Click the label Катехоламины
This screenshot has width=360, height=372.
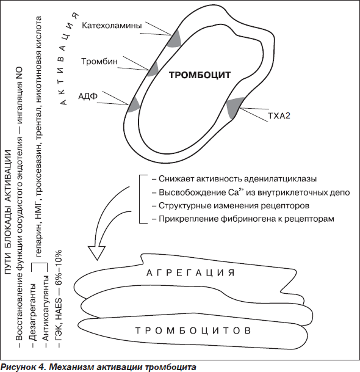112,26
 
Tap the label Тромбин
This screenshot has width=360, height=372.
99,62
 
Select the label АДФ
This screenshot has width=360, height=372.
88,97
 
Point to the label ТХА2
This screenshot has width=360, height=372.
279,116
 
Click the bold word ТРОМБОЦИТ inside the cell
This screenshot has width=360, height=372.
200,75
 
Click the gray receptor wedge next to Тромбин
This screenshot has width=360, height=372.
153,69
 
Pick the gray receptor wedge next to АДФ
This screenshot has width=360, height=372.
134,104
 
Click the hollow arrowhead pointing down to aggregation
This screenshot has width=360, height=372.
96,252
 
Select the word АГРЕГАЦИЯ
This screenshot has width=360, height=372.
190,273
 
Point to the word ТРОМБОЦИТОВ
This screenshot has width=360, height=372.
193,330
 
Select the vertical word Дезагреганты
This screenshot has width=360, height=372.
34,312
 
